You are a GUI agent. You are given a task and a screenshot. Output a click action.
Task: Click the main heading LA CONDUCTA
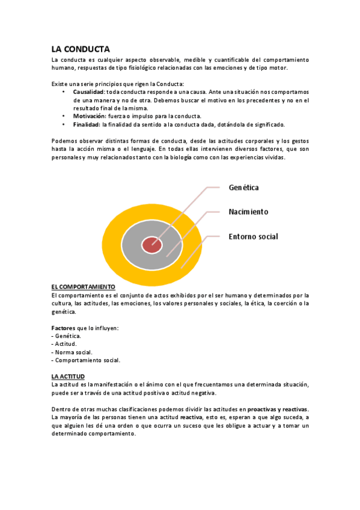80,49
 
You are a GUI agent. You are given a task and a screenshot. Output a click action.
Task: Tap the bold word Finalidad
87,124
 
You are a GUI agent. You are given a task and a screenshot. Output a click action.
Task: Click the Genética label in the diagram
243,188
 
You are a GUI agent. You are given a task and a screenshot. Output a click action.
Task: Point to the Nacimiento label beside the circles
248,212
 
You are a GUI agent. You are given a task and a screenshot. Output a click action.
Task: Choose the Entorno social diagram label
253,236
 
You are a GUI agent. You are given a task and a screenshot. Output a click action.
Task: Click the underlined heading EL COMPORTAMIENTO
83,287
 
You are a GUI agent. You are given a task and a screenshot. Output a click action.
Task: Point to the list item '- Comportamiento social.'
87,360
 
